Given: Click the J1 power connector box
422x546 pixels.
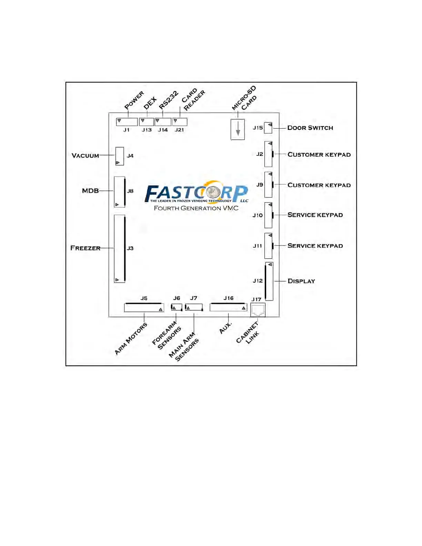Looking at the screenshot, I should pyautogui.click(x=127, y=122).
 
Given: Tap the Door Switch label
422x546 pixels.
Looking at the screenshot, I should pyautogui.click(x=310, y=128).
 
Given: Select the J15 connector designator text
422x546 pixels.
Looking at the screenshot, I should pyautogui.click(x=258, y=128).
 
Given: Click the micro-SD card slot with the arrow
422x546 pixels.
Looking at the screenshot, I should pyautogui.click(x=238, y=129).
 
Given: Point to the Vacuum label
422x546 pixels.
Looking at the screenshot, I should pyautogui.click(x=85, y=156).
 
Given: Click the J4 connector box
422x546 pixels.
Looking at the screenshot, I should pyautogui.click(x=120, y=156).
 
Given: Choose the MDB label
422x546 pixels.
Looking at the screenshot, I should pyautogui.click(x=90, y=191).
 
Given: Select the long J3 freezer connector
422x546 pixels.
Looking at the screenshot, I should pyautogui.click(x=120, y=249).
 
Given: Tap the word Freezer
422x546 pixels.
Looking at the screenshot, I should pyautogui.click(x=85, y=248).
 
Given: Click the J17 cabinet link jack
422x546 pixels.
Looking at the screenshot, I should pyautogui.click(x=258, y=310).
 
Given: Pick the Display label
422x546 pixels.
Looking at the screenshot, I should pyautogui.click(x=301, y=281).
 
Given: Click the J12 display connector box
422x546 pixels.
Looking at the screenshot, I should pyautogui.click(x=269, y=281).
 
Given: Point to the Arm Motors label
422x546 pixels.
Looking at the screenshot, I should pyautogui.click(x=131, y=339).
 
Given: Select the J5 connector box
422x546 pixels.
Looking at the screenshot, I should pyautogui.click(x=144, y=307).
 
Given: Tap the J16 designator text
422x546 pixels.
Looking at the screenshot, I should pyautogui.click(x=228, y=298).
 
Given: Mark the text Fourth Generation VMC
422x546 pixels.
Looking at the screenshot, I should pyautogui.click(x=196, y=208).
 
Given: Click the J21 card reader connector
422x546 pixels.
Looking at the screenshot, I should pyautogui.click(x=180, y=122).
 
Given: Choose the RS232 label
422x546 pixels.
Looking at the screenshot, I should pyautogui.click(x=169, y=100).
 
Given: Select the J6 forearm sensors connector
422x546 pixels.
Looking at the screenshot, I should pyautogui.click(x=177, y=307).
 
